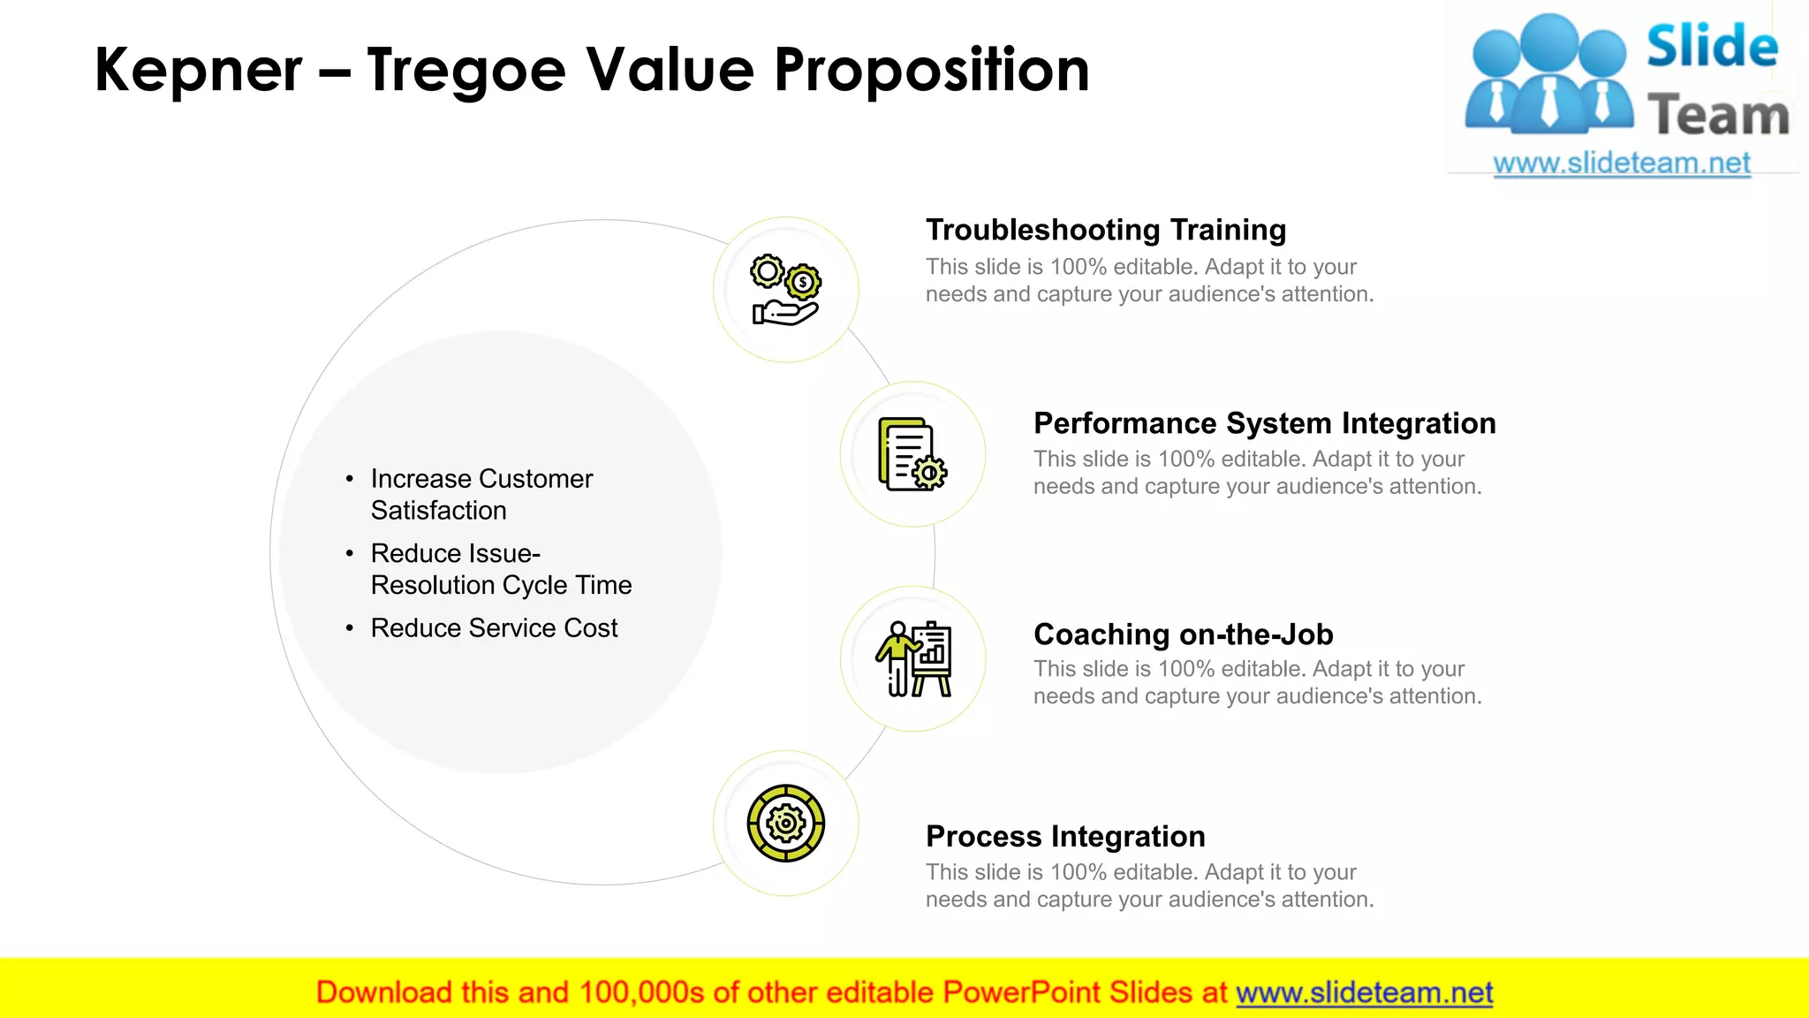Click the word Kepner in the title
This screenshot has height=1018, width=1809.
tap(198, 71)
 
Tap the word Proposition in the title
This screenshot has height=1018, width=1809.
tap(931, 71)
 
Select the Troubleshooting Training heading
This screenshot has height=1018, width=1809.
tap(1105, 230)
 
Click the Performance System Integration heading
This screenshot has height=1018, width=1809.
tap(1264, 423)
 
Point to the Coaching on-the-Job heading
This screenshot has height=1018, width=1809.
tap(1183, 634)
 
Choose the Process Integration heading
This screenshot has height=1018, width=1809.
tap(1065, 836)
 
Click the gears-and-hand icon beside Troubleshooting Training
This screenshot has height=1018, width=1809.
tap(785, 290)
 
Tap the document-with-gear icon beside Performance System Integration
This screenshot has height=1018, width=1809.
tap(912, 454)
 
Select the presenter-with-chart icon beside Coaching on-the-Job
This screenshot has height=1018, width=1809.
tap(913, 659)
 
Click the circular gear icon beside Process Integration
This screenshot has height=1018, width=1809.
tap(785, 824)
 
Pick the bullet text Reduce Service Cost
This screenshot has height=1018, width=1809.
tap(494, 628)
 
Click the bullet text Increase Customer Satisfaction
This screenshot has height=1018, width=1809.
tap(481, 495)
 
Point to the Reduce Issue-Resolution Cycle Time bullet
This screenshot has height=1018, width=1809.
tap(501, 569)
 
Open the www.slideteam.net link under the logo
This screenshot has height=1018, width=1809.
tap(1621, 163)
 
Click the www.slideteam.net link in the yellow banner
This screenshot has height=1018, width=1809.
tap(1364, 993)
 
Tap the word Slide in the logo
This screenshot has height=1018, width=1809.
tap(1711, 46)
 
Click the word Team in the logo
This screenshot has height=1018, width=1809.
tap(1718, 116)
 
